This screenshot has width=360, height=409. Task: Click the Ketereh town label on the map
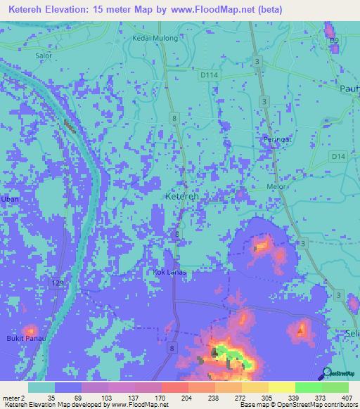point(181,197)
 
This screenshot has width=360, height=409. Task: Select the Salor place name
point(44,55)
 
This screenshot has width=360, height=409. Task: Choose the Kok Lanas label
point(168,271)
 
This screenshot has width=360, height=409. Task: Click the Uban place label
point(9,199)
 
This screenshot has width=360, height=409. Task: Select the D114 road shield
point(208,74)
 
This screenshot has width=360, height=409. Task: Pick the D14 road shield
point(338,156)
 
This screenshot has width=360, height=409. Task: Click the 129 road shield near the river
point(58,283)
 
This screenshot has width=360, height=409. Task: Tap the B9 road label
point(335,41)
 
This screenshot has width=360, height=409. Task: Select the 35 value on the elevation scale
point(51,397)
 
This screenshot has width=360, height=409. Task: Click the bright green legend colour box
point(309,387)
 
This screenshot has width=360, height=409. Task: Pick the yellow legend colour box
point(255,387)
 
